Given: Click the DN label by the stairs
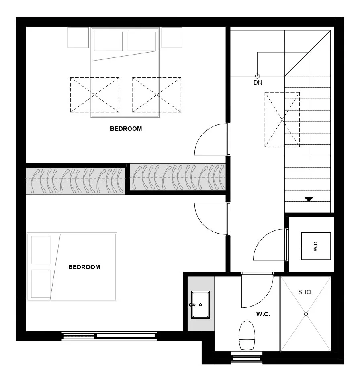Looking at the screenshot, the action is click(x=258, y=83).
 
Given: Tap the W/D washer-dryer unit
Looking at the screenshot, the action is click(x=316, y=246).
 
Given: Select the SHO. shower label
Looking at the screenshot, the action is click(x=305, y=292).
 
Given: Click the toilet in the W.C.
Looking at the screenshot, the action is click(x=247, y=335).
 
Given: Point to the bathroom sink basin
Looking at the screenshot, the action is click(x=200, y=305).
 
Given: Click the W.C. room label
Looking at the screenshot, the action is click(x=263, y=314).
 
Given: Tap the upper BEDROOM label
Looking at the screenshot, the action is click(x=126, y=129).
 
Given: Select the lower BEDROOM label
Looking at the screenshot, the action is click(x=84, y=267).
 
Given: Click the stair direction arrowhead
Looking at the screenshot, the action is click(x=309, y=199).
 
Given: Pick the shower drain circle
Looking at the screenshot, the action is click(x=306, y=314).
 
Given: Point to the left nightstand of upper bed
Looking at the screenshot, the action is click(x=78, y=38).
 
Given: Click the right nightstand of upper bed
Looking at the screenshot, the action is click(x=172, y=38).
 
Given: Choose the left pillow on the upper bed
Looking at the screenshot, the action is click(x=108, y=41).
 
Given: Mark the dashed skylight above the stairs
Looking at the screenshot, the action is click(x=282, y=120).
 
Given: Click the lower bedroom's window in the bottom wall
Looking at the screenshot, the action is click(x=109, y=336).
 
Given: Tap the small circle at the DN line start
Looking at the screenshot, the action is click(x=257, y=76).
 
